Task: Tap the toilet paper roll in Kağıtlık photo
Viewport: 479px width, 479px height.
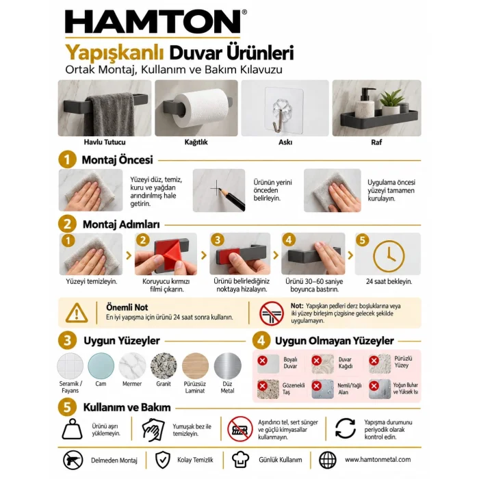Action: (202, 107)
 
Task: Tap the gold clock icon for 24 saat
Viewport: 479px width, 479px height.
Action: (389, 256)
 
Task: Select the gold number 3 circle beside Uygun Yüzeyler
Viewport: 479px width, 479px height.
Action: (67, 340)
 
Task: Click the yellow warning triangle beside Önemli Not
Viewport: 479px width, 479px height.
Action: (77, 313)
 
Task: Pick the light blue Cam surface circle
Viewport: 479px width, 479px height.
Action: (101, 365)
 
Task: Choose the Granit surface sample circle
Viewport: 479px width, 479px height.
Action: (164, 365)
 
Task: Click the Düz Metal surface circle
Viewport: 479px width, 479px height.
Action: (228, 365)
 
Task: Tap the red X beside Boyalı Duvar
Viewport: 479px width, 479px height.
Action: (262, 361)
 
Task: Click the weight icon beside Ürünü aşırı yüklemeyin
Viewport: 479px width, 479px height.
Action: (72, 429)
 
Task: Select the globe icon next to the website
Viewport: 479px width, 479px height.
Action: (328, 460)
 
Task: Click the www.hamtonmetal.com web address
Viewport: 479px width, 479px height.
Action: (378, 459)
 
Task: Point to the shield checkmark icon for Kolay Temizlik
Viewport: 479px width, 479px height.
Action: (163, 460)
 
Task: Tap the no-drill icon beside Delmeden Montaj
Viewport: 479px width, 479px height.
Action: (73, 460)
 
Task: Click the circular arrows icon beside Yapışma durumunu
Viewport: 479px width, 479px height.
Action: (345, 428)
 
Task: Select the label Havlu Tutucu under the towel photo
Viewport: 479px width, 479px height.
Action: (105, 142)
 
